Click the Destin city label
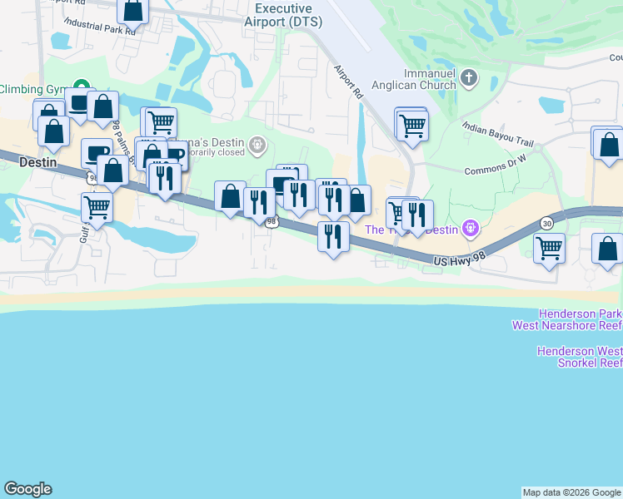pyautogui.click(x=37, y=163)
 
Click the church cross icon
pyautogui.click(x=470, y=79)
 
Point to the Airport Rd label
pyautogui.click(x=349, y=82)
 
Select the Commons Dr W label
pyautogui.click(x=495, y=169)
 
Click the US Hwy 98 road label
pyautogui.click(x=459, y=261)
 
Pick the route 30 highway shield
pyautogui.click(x=546, y=223)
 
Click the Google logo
pyautogui.click(x=27, y=489)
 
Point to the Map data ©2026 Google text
pyautogui.click(x=571, y=492)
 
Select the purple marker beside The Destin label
pyautogui.click(x=471, y=226)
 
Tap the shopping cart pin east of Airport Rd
pyautogui.click(x=411, y=125)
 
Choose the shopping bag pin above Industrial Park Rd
pyautogui.click(x=132, y=10)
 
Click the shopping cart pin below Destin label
pyautogui.click(x=97, y=206)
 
